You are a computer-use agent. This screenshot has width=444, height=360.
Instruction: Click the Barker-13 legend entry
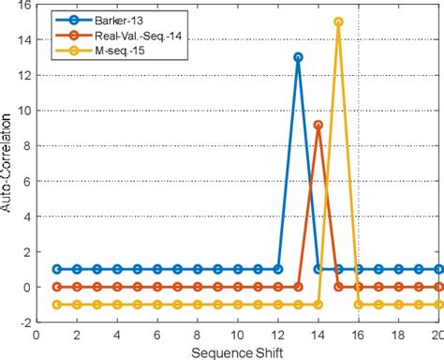[x=111, y=21]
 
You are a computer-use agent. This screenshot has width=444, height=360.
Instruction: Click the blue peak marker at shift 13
[x=298, y=57]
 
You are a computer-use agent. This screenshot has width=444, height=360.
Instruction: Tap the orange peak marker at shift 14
[x=318, y=125]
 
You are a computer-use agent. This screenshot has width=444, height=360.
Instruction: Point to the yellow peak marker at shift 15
[x=338, y=22]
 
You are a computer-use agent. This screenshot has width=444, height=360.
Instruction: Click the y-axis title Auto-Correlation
[x=8, y=164]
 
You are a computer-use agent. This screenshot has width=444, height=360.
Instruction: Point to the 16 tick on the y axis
[x=21, y=6]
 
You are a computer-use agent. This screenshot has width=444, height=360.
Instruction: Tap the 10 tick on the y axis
[x=21, y=112]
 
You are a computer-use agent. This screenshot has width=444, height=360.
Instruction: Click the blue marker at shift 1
[x=57, y=269]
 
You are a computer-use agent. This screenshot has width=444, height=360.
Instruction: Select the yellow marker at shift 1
[x=57, y=305]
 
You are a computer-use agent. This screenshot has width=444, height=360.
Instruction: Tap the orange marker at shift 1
[x=57, y=287]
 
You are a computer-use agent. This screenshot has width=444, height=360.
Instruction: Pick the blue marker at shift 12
[x=278, y=269]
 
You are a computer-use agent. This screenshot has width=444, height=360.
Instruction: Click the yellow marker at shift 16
[x=358, y=305]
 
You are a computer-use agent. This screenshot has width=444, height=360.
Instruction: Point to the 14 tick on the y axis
[x=21, y=40]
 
